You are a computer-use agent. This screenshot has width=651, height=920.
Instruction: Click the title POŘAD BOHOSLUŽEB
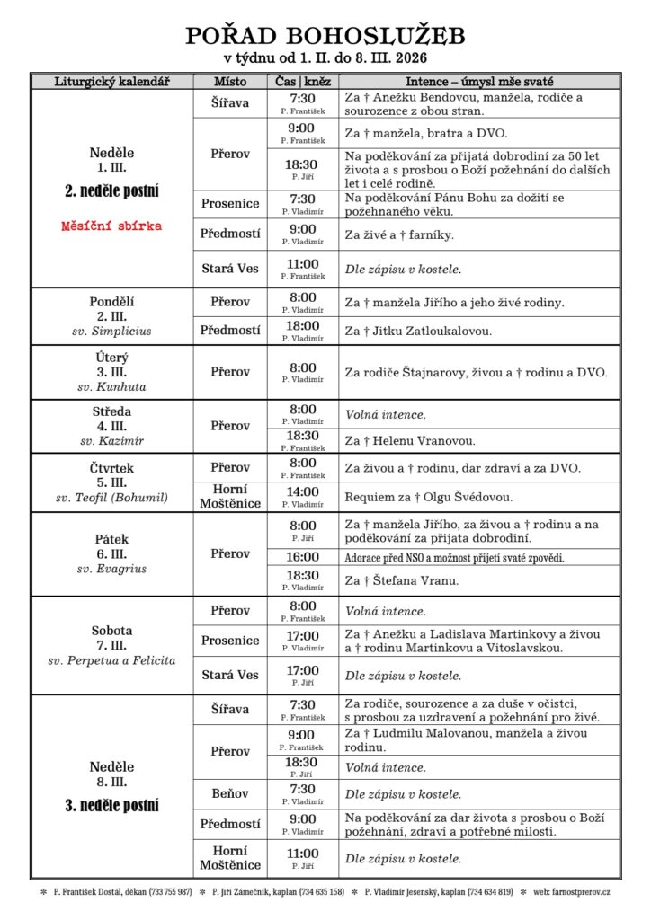tap(325, 35)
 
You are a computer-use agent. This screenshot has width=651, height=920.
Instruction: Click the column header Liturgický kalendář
tap(111, 81)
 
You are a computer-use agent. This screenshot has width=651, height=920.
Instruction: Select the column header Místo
tap(229, 81)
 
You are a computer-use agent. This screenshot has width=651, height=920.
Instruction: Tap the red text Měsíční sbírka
tap(111, 226)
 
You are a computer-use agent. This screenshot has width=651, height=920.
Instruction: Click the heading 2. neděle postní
tap(111, 190)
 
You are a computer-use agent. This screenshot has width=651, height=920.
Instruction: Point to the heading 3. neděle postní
tap(111, 805)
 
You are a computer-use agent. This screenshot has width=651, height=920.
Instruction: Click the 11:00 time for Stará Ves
tap(303, 264)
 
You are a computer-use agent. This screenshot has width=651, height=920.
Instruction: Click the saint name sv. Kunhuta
tap(111, 387)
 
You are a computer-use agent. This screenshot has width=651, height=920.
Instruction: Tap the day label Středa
tap(111, 411)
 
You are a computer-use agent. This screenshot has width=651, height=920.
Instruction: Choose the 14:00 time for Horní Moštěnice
tap(303, 491)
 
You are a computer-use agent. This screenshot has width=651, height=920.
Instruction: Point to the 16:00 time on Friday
tap(303, 557)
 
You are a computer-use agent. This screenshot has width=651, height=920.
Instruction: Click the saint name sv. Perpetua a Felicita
tap(111, 661)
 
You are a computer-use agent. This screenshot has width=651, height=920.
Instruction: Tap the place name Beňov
tap(229, 794)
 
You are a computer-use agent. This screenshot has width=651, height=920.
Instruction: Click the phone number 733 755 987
tap(170, 892)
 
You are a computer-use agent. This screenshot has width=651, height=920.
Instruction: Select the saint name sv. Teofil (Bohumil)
tap(111, 498)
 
